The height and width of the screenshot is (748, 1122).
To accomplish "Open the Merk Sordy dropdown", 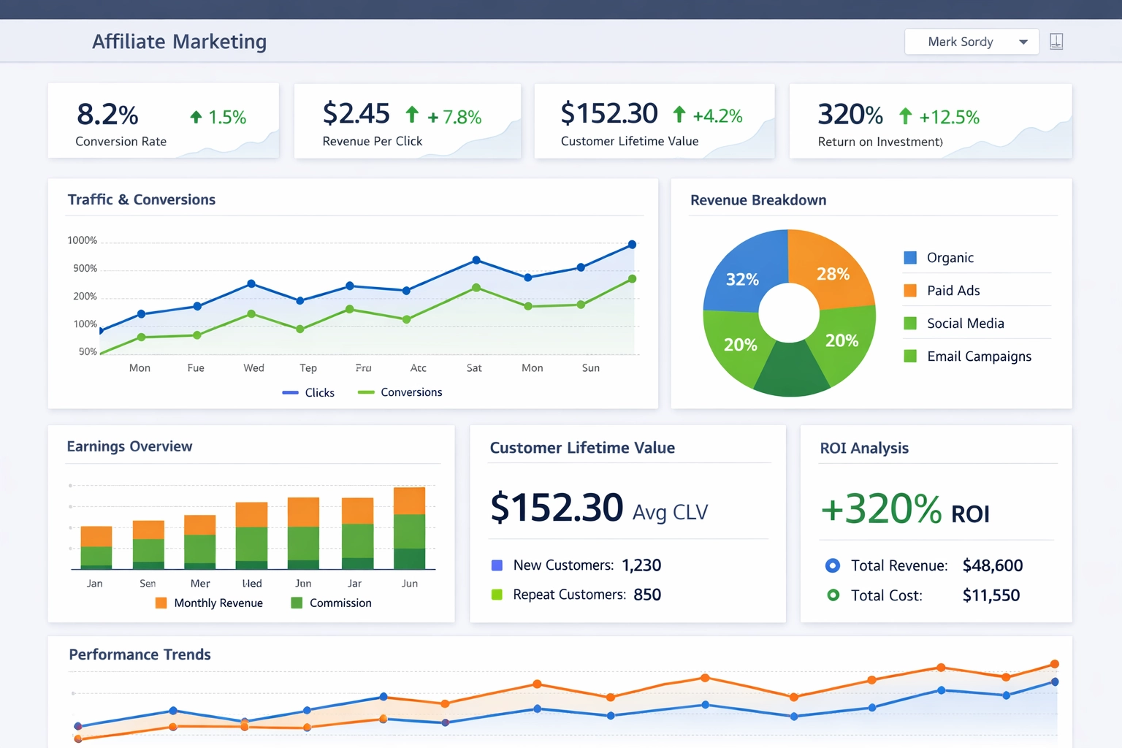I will tap(971, 42).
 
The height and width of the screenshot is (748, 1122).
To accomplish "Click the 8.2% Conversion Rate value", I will tap(107, 115).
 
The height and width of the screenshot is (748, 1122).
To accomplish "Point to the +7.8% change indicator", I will tap(454, 117).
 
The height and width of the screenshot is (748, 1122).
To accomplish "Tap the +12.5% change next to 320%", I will tap(948, 117).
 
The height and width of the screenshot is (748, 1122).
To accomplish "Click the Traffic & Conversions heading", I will tap(141, 199).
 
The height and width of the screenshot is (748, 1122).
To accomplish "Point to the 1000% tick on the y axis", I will tap(82, 240).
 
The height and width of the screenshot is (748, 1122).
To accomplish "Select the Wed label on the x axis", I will tap(253, 367).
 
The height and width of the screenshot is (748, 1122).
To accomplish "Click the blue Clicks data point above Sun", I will tap(632, 245).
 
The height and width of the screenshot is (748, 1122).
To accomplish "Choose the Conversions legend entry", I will tap(400, 392).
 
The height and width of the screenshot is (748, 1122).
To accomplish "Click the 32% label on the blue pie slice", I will tap(742, 279).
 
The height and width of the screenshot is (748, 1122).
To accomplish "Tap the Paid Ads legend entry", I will tap(953, 291).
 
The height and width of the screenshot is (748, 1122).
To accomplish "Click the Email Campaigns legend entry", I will tap(978, 356).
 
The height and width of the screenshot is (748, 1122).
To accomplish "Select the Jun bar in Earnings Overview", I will tap(409, 527).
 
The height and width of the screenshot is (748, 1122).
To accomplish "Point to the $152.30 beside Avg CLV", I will tap(557, 508).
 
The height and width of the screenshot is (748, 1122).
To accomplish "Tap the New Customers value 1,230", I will tap(641, 565).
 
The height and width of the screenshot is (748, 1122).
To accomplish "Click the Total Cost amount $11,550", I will tap(991, 595).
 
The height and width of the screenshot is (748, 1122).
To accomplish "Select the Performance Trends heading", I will tap(140, 654).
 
